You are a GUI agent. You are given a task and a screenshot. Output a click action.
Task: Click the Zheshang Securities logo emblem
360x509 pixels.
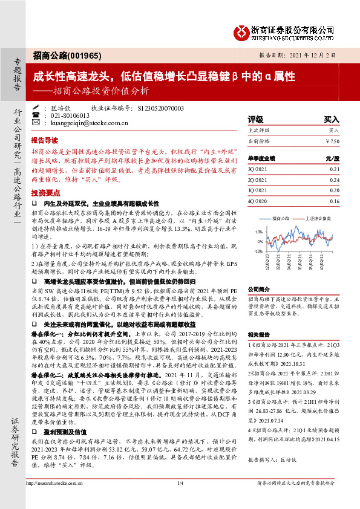click(240, 31)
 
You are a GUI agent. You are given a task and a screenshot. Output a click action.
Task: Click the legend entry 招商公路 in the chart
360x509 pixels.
click(280, 218)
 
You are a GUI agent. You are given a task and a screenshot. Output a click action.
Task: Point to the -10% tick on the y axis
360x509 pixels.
click(258, 250)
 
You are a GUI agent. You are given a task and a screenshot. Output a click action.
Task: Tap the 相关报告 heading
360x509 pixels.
click(258, 334)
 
